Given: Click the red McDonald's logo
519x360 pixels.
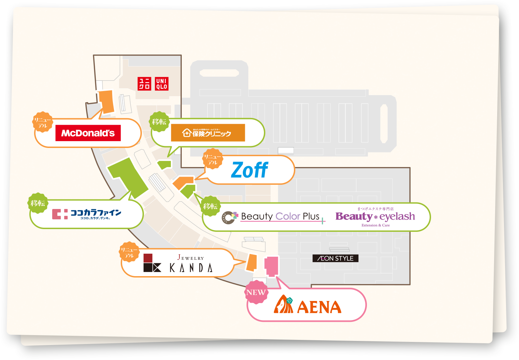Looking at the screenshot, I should click(x=88, y=133).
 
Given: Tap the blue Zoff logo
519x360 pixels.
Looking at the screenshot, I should click(x=250, y=170).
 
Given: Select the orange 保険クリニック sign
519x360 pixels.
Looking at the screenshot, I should click(x=208, y=133).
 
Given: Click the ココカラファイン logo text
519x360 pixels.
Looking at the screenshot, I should click(x=87, y=214).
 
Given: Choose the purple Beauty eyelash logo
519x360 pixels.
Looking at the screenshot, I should click(x=375, y=217).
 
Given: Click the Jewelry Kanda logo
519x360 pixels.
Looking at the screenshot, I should click(x=178, y=263).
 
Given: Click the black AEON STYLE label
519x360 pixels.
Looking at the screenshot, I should click(x=335, y=258).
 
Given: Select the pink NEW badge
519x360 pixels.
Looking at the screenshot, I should click(x=256, y=292).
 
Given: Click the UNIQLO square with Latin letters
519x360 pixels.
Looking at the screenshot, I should click(x=162, y=84).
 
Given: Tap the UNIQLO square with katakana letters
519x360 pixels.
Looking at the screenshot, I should click(x=144, y=84).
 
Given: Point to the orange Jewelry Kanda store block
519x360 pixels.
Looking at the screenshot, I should click(x=252, y=262).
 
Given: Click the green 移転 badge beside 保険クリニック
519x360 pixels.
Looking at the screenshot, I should click(x=159, y=122).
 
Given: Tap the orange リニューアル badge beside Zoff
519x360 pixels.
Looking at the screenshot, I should click(x=213, y=159).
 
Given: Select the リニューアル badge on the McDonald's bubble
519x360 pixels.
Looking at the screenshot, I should click(x=43, y=122).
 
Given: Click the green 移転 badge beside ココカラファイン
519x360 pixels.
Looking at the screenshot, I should click(x=38, y=203).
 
